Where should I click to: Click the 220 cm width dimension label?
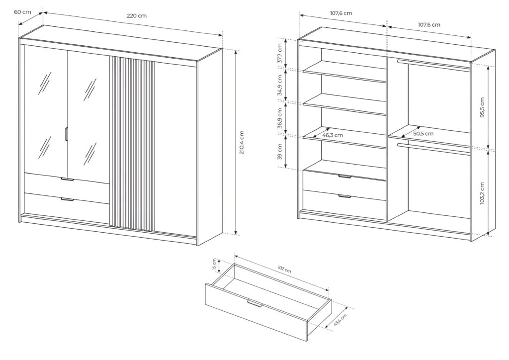(136, 16)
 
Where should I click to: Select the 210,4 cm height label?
(242, 143)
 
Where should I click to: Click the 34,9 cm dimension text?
(280, 85)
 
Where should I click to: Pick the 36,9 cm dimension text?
(280, 117)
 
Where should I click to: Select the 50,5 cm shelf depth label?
(423, 133)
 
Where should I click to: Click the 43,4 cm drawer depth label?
(340, 318)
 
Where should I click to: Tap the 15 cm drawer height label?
(214, 264)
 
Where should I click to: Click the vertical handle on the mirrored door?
(66, 135)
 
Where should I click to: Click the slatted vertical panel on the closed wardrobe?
(131, 144)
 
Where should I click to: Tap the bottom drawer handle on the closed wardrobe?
(67, 200)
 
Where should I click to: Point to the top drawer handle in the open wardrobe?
(344, 177)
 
